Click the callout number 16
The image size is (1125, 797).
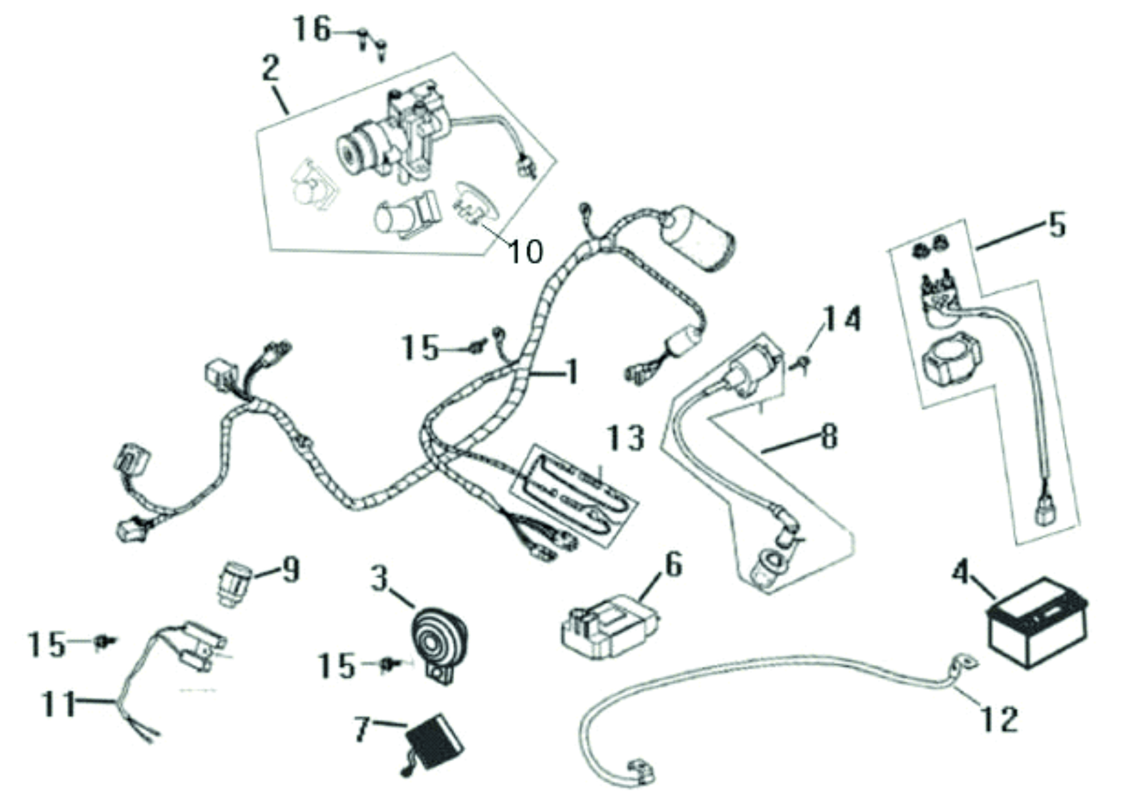click(313, 29)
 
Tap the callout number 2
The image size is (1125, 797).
click(270, 69)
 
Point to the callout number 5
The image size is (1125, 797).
click(1057, 225)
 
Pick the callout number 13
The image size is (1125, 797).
click(626, 438)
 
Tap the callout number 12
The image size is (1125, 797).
click(1000, 719)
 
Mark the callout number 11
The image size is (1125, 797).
click(59, 704)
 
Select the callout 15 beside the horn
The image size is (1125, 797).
click(337, 665)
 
